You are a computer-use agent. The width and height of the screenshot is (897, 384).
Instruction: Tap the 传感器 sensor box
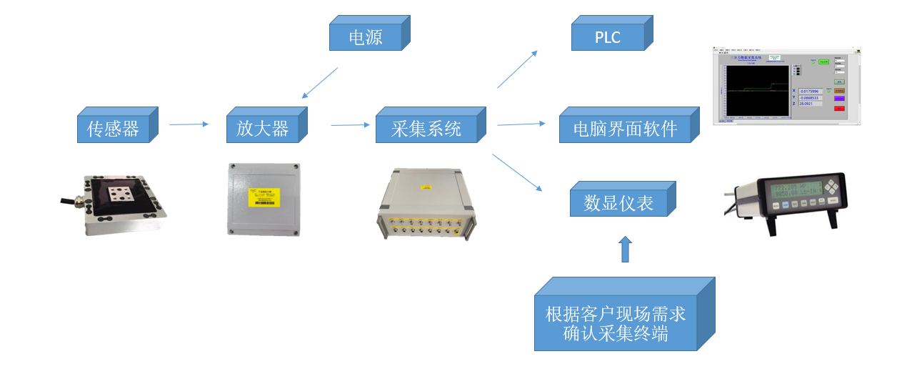click(114, 129)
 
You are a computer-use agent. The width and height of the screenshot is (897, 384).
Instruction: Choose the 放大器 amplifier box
click(263, 129)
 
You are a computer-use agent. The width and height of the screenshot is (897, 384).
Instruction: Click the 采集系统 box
click(426, 129)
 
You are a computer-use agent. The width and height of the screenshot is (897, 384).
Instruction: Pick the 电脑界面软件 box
click(625, 129)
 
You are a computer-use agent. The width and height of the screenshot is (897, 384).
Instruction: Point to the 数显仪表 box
click(618, 203)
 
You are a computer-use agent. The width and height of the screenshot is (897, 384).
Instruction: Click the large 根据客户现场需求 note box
click(616, 323)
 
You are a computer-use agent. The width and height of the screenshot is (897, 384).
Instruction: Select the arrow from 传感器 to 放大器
click(189, 124)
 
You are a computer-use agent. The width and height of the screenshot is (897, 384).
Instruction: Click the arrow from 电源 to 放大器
click(319, 83)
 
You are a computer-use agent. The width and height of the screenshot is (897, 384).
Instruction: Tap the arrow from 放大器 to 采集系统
click(350, 125)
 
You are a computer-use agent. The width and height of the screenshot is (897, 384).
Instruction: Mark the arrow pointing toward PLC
click(517, 69)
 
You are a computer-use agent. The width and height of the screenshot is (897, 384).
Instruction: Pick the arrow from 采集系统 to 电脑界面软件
click(521, 124)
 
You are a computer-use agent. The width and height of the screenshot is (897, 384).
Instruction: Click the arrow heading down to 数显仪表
click(517, 172)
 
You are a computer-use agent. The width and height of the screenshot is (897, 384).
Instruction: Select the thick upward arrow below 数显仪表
click(625, 249)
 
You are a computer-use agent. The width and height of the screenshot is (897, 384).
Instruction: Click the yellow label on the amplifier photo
click(264, 197)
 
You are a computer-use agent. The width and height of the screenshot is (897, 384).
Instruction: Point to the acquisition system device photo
click(426, 203)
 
